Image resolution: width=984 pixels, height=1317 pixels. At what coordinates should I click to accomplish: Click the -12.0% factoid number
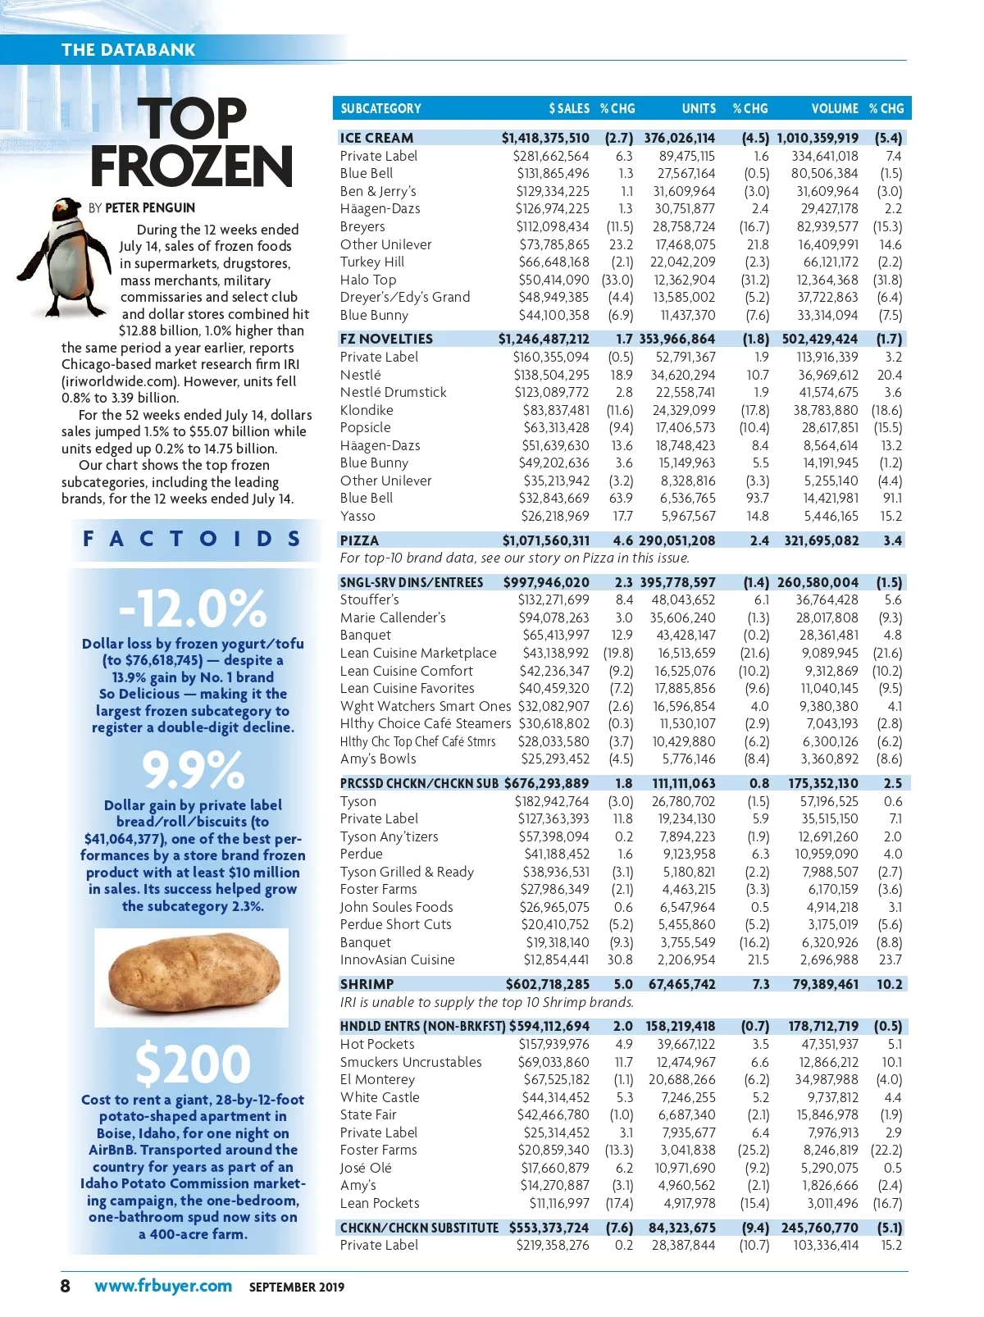pos(194,608)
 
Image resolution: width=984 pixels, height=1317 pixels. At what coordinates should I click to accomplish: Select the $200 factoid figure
pos(194,1064)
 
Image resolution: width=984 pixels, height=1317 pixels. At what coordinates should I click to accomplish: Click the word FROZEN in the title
pos(192,166)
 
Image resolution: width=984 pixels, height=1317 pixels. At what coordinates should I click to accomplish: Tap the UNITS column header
pos(699,108)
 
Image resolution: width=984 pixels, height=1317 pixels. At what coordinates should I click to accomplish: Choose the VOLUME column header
pos(835,108)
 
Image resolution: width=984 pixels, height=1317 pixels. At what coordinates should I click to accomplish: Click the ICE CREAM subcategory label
pos(376,138)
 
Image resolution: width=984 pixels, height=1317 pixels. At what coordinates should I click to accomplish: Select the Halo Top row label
pos(368,280)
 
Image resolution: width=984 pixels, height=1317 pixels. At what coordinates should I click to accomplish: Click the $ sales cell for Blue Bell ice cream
pos(553,173)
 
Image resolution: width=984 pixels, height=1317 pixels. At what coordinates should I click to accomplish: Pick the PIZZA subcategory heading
pos(359,540)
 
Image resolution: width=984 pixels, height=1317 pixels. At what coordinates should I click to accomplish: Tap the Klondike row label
pos(367,410)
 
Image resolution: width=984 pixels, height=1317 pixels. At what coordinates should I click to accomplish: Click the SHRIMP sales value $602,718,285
pos(547,984)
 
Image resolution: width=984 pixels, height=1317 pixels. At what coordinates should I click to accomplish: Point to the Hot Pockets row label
pos(377,1044)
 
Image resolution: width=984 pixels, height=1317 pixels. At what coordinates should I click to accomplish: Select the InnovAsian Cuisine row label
pos(397,959)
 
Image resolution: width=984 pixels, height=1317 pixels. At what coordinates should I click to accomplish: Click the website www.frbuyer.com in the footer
pos(163,1286)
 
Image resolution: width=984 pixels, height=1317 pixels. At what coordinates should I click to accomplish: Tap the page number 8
pos(66,1286)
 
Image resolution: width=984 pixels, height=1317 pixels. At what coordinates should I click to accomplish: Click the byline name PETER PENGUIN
pos(150,207)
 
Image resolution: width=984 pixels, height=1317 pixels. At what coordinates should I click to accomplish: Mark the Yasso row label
pos(358,516)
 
